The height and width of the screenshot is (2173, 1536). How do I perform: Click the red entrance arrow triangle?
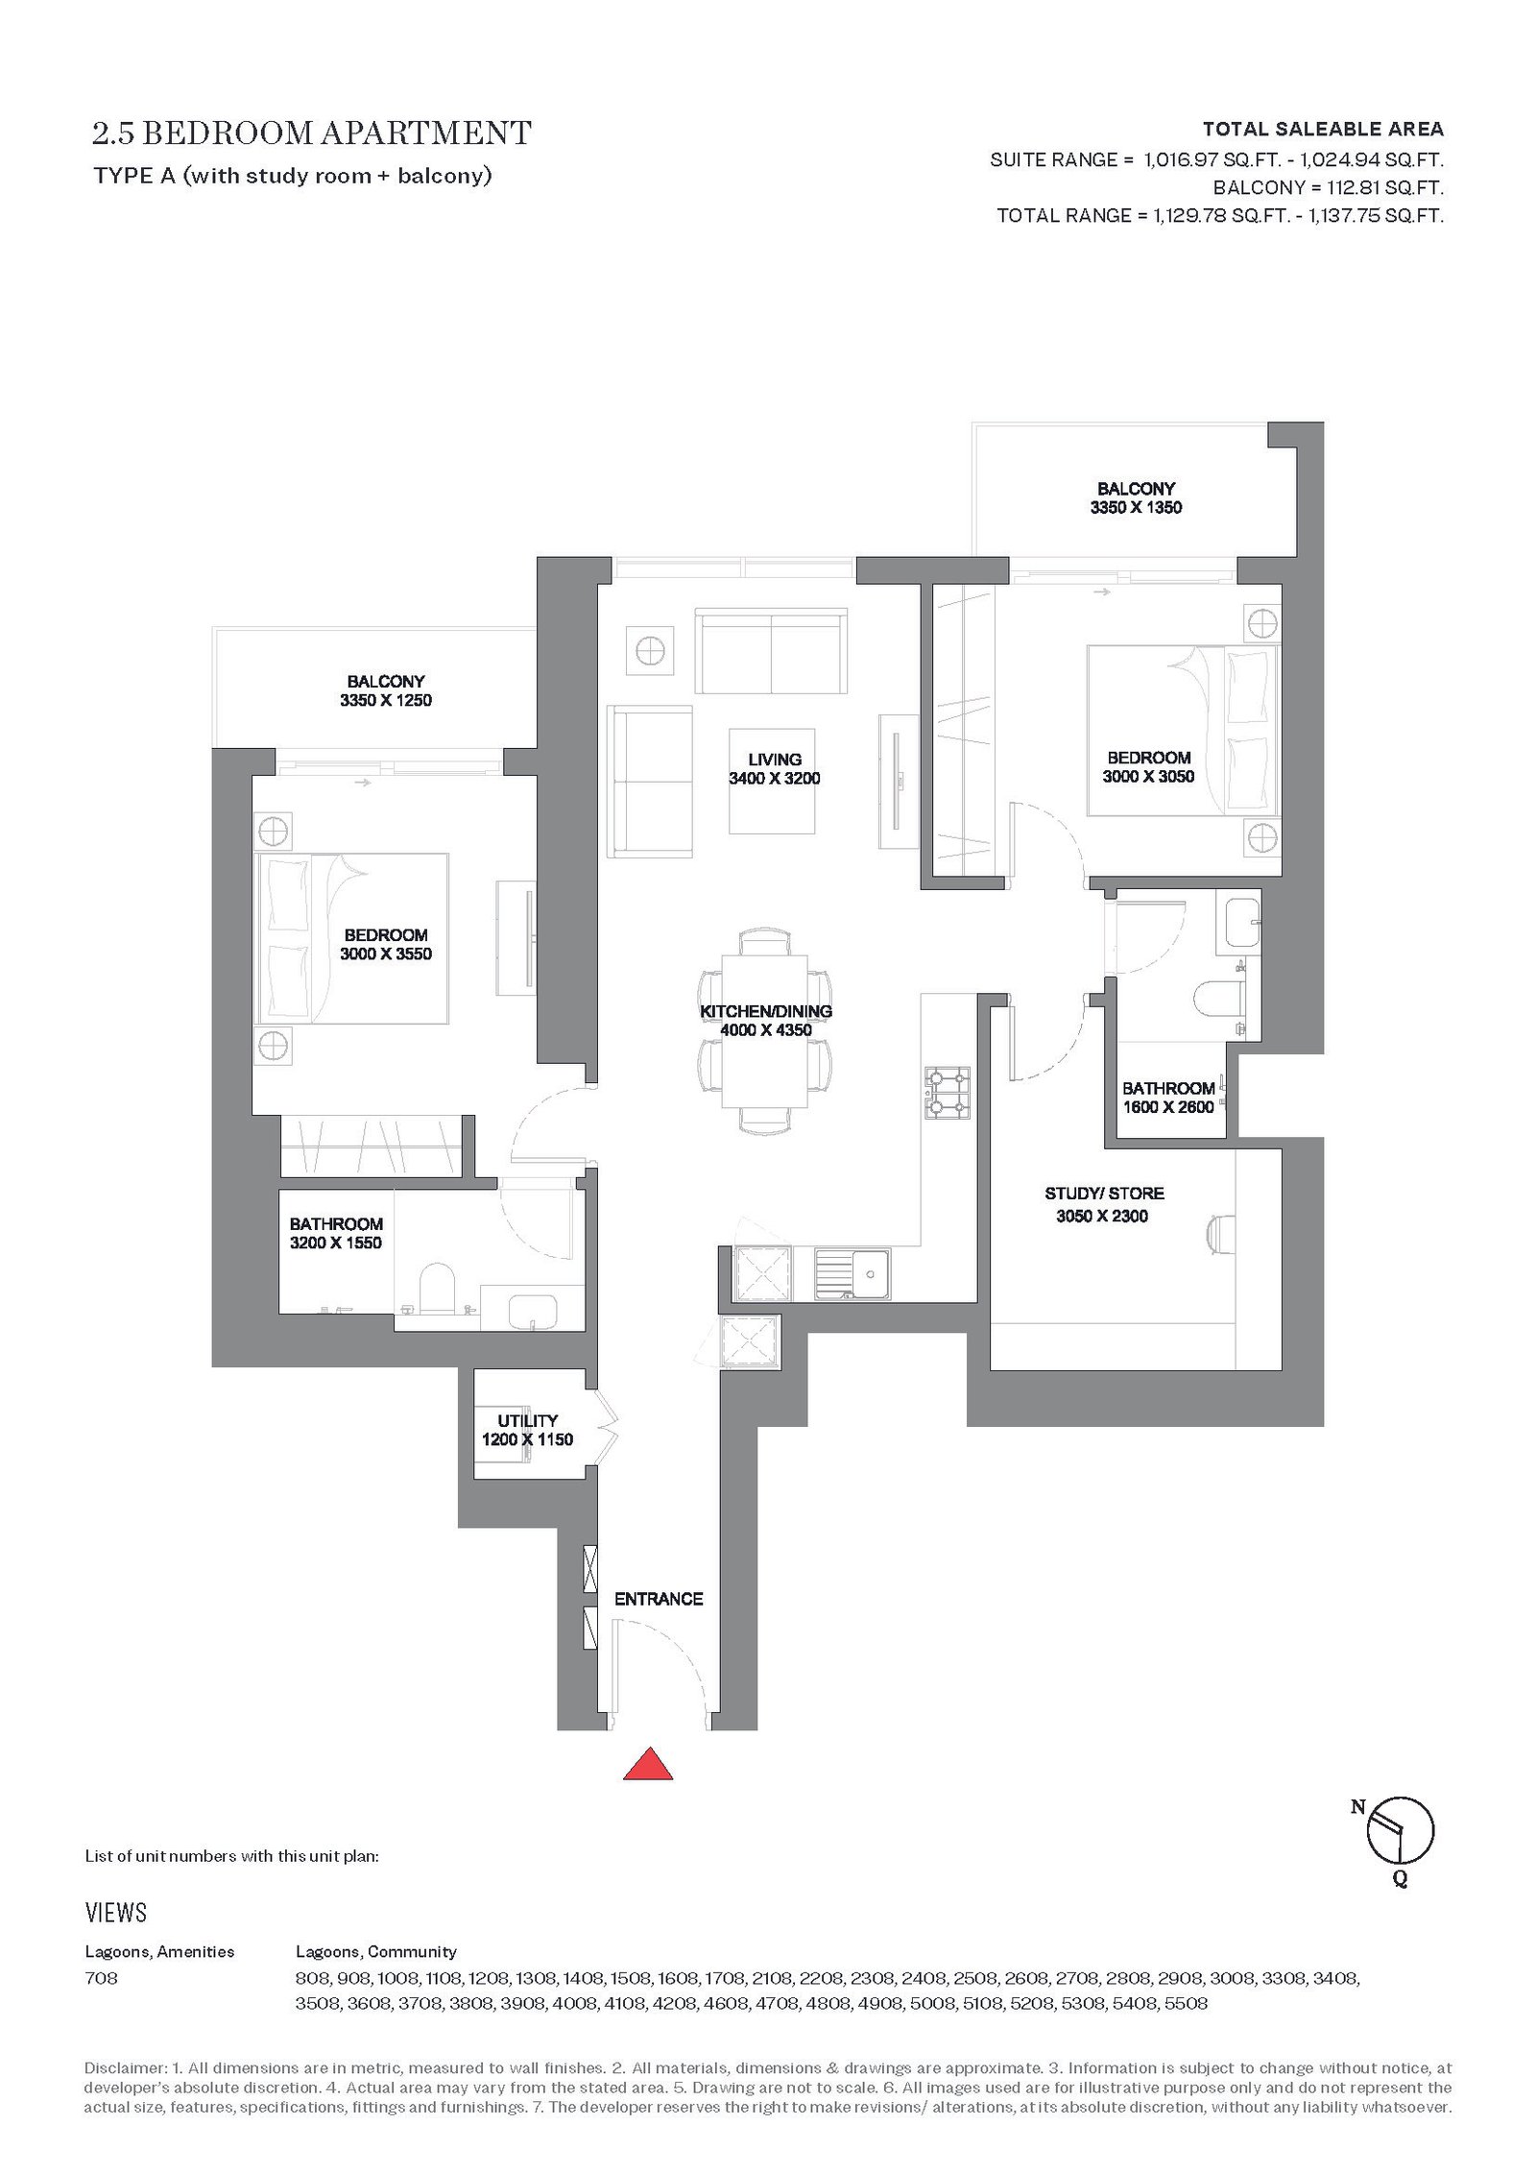pyautogui.click(x=648, y=1763)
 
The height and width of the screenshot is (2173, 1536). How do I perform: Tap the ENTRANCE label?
pyautogui.click(x=659, y=1599)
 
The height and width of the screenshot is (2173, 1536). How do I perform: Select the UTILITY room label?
pyautogui.click(x=527, y=1420)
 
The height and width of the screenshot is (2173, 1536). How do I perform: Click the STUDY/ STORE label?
pyautogui.click(x=1104, y=1194)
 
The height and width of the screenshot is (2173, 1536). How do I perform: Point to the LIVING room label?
pyautogui.click(x=775, y=760)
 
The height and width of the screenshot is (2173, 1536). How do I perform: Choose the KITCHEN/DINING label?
pyautogui.click(x=766, y=1011)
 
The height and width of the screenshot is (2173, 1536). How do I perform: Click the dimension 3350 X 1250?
pyautogui.click(x=386, y=701)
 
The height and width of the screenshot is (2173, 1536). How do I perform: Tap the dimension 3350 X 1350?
pyautogui.click(x=1136, y=508)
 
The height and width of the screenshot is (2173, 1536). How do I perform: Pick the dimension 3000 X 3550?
pyautogui.click(x=386, y=954)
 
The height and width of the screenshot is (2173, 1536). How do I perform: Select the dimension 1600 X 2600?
pyautogui.click(x=1168, y=1107)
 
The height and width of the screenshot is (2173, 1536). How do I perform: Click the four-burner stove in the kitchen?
pyautogui.click(x=947, y=1093)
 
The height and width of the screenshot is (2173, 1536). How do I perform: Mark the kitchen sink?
pyautogui.click(x=852, y=1273)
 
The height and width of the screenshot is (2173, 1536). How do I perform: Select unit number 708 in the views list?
pyautogui.click(x=102, y=1978)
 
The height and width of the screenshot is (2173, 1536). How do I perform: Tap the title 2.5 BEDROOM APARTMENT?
pyautogui.click(x=312, y=133)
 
